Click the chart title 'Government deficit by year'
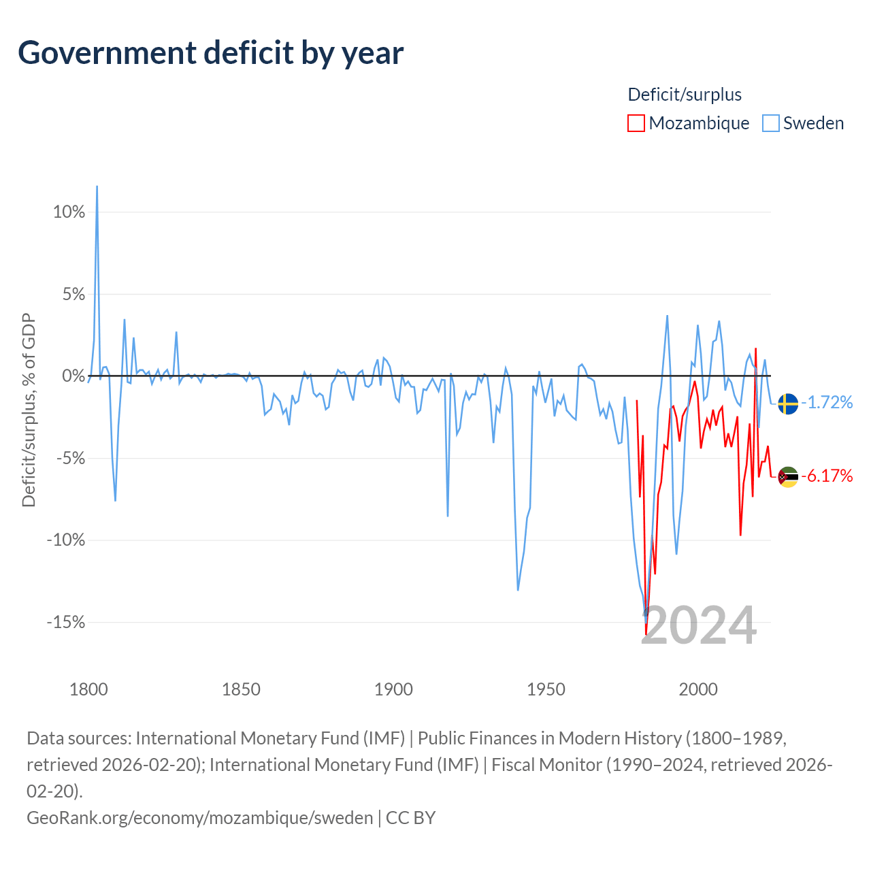click(x=210, y=53)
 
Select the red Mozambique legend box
click(x=636, y=123)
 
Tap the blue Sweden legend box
click(x=770, y=123)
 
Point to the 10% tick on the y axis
click(x=69, y=212)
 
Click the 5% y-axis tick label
click(x=73, y=294)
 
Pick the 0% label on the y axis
click(x=73, y=376)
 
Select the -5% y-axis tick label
click(x=71, y=459)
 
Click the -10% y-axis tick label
click(x=66, y=540)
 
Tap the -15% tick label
click(x=66, y=622)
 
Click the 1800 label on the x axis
click(x=88, y=690)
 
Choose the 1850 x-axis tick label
click(x=241, y=690)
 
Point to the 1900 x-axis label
click(x=394, y=690)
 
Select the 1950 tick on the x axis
click(x=546, y=690)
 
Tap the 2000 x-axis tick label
click(x=698, y=690)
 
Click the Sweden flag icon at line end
click(x=788, y=404)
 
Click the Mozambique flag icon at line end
click(x=788, y=477)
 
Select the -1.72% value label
click(x=827, y=402)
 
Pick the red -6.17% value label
click(x=827, y=476)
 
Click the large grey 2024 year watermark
click(x=698, y=626)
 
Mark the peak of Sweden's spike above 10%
click(x=97, y=186)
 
